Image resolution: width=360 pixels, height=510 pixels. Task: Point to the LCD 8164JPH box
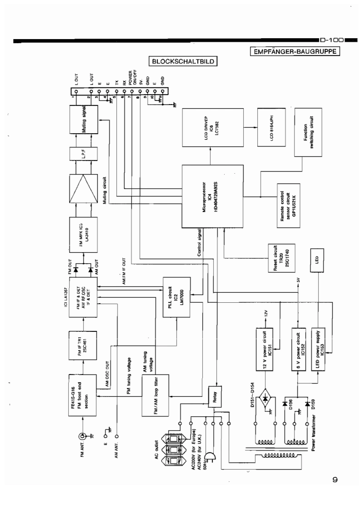[269, 127]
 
